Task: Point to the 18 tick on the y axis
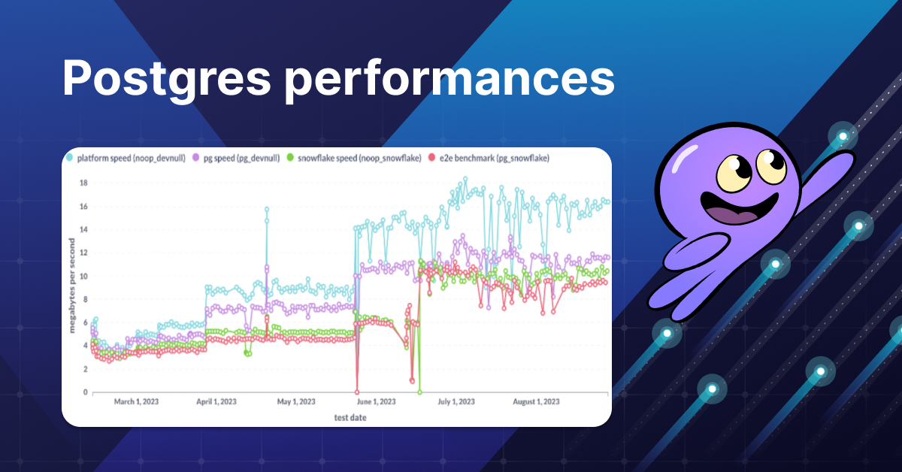(84, 183)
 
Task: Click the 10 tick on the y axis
(84, 277)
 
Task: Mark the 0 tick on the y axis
(86, 392)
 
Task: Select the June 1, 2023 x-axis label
(373, 402)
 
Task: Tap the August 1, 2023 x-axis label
(535, 402)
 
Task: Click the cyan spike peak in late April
(266, 210)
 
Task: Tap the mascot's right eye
(768, 162)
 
